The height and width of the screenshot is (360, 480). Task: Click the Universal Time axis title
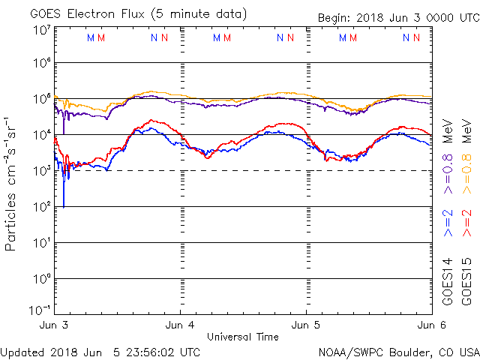pyautogui.click(x=243, y=337)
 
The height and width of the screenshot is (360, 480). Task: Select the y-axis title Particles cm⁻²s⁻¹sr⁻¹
pyautogui.click(x=12, y=183)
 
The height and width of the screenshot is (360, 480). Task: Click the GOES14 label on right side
pyautogui.click(x=448, y=283)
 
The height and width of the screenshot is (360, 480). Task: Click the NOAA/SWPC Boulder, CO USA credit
pyautogui.click(x=398, y=351)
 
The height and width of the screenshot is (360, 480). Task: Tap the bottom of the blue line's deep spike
pyautogui.click(x=64, y=207)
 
